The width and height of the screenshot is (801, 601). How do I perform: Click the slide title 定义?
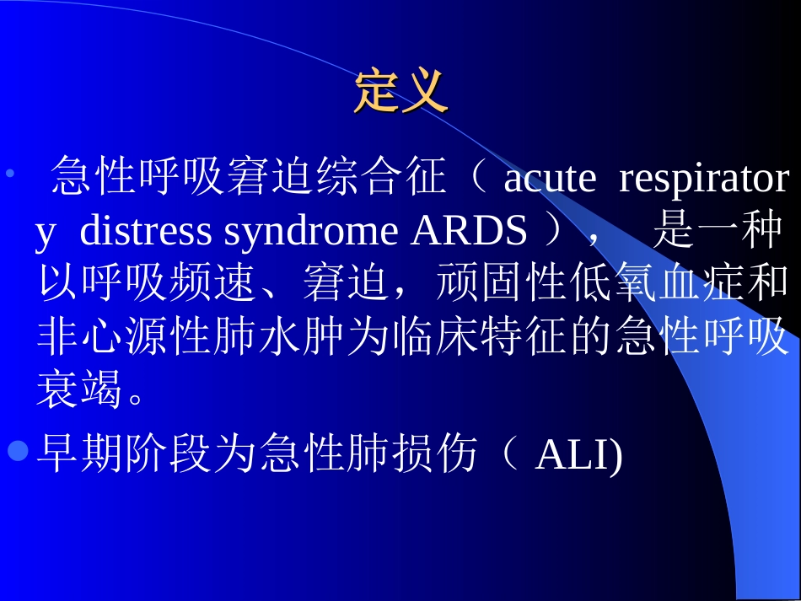click(400, 92)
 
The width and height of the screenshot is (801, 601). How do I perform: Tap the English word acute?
click(550, 179)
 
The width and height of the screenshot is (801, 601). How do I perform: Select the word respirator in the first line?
click(704, 179)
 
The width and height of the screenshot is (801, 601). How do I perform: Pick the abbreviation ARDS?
click(469, 232)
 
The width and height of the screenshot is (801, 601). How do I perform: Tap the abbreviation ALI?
click(576, 455)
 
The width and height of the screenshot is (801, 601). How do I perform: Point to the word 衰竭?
click(81, 391)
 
